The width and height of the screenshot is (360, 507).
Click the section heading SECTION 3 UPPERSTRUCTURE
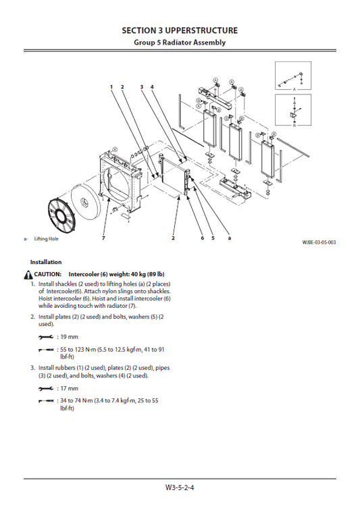pos(180,30)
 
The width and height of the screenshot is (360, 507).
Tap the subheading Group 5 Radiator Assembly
pos(180,43)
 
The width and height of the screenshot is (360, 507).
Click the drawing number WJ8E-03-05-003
pos(319,242)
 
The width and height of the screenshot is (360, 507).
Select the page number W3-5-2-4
pos(180,487)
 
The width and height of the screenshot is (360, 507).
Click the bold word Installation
pos(46,262)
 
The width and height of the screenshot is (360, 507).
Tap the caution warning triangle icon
pos(28,275)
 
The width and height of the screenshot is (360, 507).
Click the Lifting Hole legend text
pos(46,238)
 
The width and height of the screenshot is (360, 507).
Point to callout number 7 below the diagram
pos(103,238)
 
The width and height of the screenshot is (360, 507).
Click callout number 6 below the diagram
pos(203,238)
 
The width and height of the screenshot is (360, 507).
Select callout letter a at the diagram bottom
pos(230,238)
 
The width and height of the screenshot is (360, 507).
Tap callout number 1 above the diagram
pos(111,86)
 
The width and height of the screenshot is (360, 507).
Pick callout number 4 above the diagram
pos(152,86)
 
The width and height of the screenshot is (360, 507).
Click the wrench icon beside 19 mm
pos(46,338)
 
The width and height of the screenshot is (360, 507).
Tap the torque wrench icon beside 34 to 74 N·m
pos(46,401)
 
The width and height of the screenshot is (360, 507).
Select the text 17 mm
pos(69,388)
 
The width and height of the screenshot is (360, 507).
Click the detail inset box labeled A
pos(293,76)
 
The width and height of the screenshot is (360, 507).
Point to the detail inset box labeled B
pos(293,110)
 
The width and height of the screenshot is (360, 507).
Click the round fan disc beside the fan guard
pos(87,202)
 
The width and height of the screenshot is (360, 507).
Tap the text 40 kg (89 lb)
pos(147,274)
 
